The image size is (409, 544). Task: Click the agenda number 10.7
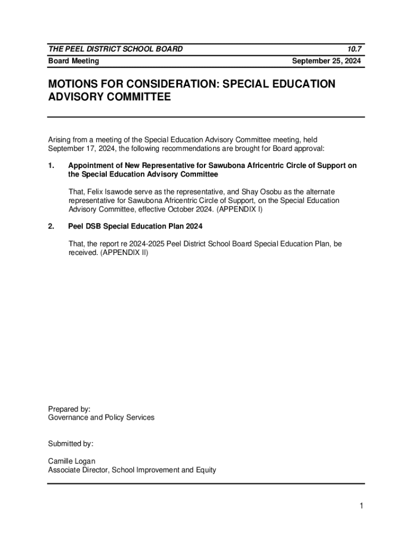point(354,49)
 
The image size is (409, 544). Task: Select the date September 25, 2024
point(327,61)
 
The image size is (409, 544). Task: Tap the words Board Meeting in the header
point(73,61)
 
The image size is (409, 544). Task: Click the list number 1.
point(51,166)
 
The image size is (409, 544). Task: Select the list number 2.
point(51,226)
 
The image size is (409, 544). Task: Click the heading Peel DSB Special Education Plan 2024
point(135,226)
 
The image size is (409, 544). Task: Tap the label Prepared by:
point(69,409)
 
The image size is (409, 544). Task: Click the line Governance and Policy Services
point(101,418)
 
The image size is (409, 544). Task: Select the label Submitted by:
point(71,443)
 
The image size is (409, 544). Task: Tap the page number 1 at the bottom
point(361,506)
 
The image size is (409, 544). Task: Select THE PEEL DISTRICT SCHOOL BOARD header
point(116,49)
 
